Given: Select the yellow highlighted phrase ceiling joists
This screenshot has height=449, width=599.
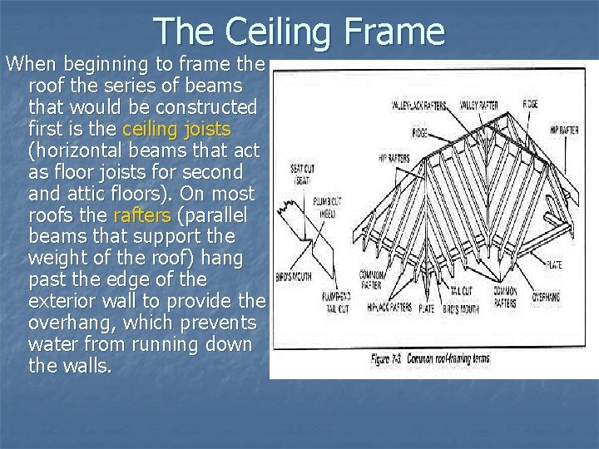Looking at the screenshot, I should pos(176,130).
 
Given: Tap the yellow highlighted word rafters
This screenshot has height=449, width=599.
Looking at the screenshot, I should pos(141,215).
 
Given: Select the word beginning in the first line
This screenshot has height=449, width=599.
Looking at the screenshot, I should pos(101,65).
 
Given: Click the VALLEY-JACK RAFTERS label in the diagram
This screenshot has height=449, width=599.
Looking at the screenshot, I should pos(420,106).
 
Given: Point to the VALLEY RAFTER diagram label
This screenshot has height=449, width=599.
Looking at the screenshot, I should pos(482,106).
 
